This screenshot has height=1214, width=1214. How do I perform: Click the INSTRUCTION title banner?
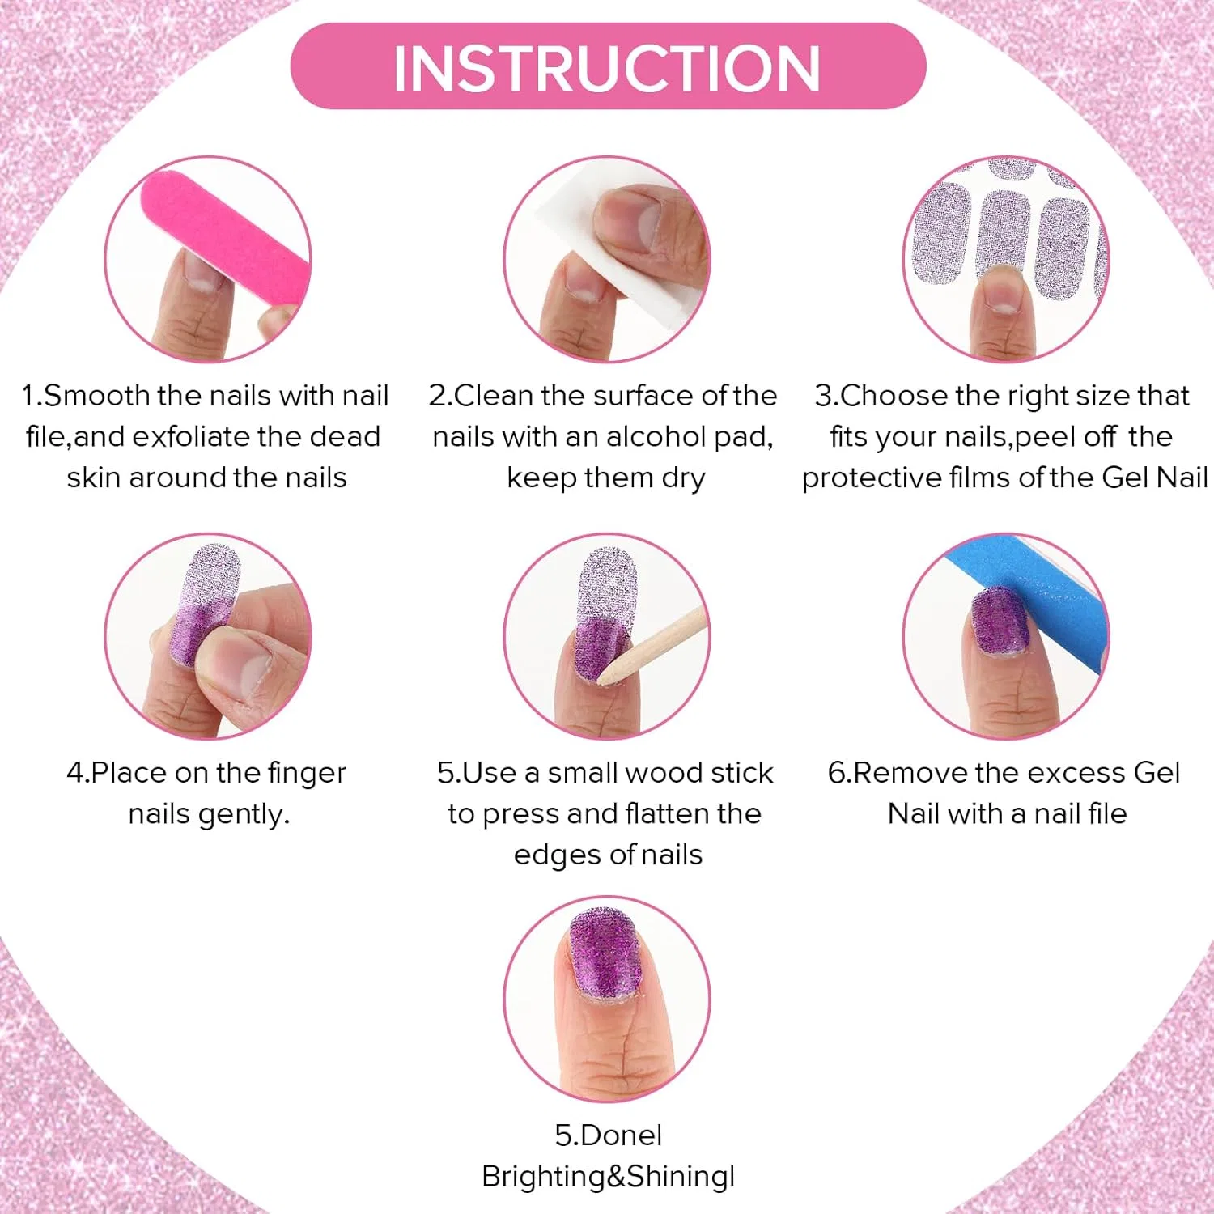click(608, 66)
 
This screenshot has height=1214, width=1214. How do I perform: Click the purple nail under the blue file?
click(1000, 620)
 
